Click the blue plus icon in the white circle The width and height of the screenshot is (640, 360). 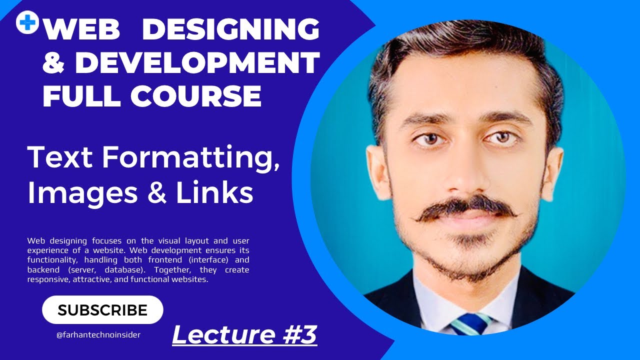tap(27, 22)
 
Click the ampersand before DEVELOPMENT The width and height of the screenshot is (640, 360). tap(55, 63)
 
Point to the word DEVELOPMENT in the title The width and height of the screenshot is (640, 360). tap(197, 63)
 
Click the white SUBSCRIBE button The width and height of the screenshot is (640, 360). tap(102, 310)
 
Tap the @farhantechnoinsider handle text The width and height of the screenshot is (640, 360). tap(98, 335)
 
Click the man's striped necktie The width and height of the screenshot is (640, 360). tap(470, 324)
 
